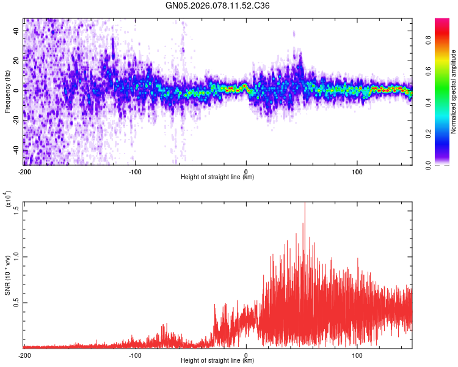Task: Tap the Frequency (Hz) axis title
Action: tap(8, 92)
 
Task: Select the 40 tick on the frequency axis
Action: tap(16, 30)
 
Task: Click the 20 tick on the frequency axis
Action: tap(16, 60)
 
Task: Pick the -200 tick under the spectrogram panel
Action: tap(24, 172)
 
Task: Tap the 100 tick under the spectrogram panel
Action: tap(357, 172)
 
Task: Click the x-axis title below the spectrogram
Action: tap(217, 177)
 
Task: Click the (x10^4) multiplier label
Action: tap(8, 199)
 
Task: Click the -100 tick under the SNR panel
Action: tap(135, 355)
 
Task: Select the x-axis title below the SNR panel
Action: tap(217, 361)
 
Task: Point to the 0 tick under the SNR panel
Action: tap(246, 355)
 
